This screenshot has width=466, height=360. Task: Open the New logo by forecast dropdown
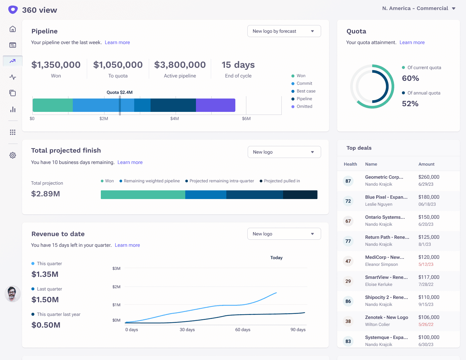point(284,31)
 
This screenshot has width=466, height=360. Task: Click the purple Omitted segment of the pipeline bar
point(215,105)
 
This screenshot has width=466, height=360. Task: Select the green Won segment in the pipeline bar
point(52,105)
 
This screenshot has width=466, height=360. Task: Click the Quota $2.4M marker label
point(120,93)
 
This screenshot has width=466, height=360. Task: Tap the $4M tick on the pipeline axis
point(175,119)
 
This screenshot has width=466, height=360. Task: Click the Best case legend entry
point(306,91)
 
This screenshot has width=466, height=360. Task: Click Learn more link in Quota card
point(412,42)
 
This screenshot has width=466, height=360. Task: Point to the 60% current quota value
point(410,78)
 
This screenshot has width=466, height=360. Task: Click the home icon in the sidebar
point(13,29)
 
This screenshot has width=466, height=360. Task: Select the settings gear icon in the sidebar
point(13,155)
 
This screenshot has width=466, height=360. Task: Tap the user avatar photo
point(13,294)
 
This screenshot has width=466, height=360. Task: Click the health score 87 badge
point(348,181)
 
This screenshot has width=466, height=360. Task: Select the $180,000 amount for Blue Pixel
point(429,197)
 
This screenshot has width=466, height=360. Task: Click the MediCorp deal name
point(385,257)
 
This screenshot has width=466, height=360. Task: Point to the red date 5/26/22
point(426,325)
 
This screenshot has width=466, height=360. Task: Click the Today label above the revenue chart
point(276,258)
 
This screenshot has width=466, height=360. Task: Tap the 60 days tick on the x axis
point(243,330)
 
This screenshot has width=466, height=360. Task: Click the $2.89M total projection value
point(45,194)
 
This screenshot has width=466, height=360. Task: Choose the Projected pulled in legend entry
point(282,181)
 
